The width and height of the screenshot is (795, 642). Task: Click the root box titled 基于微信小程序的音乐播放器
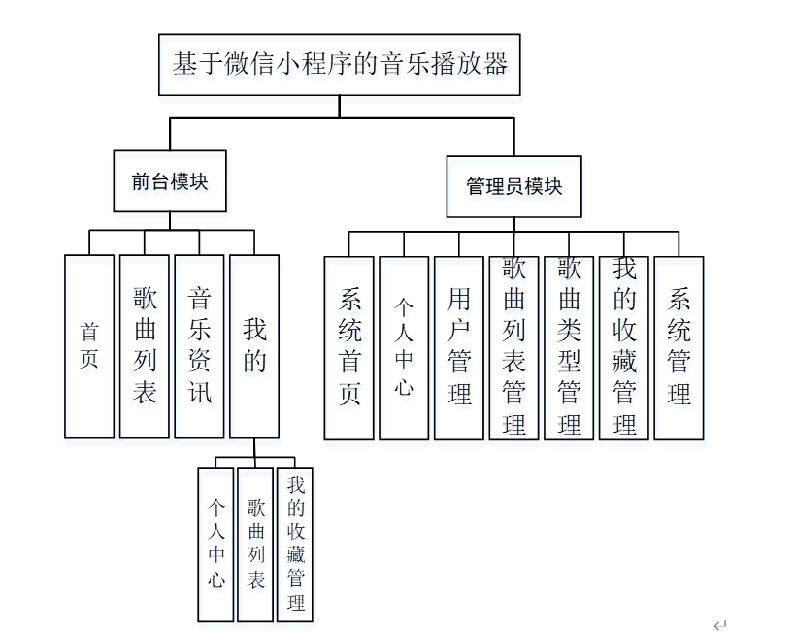pos(340,65)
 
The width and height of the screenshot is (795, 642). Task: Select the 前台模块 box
pos(170,181)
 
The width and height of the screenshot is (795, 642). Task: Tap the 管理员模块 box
pos(513,186)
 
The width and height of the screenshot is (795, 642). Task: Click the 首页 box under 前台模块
pos(89,346)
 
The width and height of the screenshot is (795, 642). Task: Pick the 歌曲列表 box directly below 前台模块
pos(145,346)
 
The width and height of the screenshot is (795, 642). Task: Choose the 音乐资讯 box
pos(199,346)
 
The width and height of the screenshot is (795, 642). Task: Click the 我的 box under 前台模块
pos(254,346)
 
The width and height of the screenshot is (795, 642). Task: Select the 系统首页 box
pos(349,348)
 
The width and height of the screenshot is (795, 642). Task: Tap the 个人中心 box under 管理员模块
pos(404,348)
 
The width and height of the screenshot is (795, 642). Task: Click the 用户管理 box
pos(459,348)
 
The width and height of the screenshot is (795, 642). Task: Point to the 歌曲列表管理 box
pos(513,348)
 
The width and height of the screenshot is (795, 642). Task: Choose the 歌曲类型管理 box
pos(569,348)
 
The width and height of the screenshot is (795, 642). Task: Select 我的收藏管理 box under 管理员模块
pos(623,348)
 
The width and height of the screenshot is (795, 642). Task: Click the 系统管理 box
pos(679,348)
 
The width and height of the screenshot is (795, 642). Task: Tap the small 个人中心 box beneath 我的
pos(215,544)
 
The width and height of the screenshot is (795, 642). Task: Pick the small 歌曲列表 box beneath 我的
pos(255,544)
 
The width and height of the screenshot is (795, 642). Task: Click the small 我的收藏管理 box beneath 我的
pos(295,544)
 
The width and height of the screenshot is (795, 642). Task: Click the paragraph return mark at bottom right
pos(719,626)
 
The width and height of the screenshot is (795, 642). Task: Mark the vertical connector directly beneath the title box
pos(340,106)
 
